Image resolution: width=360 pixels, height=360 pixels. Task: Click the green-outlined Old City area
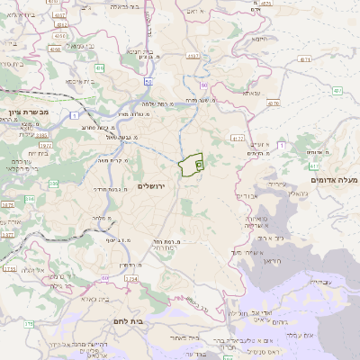(191, 166)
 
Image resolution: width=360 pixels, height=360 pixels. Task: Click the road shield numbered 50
(148, 81)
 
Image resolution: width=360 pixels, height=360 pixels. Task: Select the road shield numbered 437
(337, 91)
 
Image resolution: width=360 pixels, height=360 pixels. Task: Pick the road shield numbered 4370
(274, 103)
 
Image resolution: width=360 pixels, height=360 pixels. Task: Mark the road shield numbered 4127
(238, 138)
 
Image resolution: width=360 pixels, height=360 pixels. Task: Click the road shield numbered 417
(314, 165)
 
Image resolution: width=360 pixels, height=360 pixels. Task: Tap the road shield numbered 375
(28, 324)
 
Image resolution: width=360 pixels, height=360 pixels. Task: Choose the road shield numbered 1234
(131, 279)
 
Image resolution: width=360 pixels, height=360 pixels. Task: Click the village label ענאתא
(251, 93)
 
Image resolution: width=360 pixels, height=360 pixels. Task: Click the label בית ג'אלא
(94, 299)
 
